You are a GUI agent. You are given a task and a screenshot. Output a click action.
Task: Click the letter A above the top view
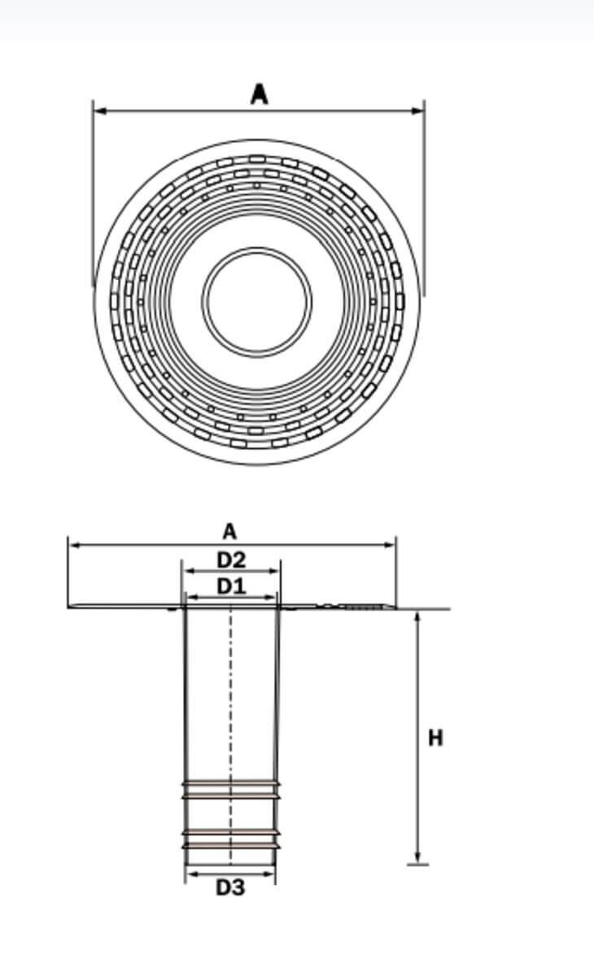pyautogui.click(x=259, y=94)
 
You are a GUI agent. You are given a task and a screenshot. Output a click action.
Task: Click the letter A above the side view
pyautogui.click(x=229, y=532)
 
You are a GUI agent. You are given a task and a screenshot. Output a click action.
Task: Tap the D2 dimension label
pyautogui.click(x=231, y=560)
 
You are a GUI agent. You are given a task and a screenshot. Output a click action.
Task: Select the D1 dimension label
pyautogui.click(x=231, y=586)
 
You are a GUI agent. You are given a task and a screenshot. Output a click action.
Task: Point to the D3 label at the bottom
pyautogui.click(x=230, y=887)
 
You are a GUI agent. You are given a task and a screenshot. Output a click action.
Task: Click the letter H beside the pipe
pyautogui.click(x=436, y=738)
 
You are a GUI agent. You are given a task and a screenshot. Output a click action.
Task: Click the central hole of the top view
pyautogui.click(x=256, y=300)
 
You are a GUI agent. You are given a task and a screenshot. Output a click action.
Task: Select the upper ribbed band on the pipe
pyautogui.click(x=231, y=789)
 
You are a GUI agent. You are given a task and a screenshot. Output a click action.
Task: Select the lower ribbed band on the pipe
pyautogui.click(x=231, y=839)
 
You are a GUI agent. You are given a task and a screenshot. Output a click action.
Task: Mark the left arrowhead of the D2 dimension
pyautogui.click(x=186, y=572)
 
